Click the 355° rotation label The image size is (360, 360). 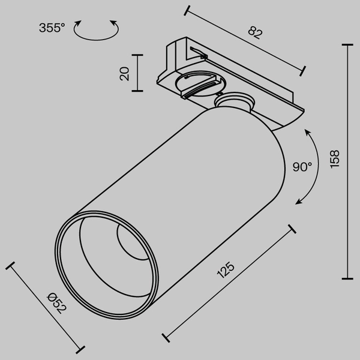(x=52, y=28)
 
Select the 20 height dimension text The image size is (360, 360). (x=125, y=73)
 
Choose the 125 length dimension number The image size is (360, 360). (x=226, y=271)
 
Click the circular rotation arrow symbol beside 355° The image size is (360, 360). (x=95, y=29)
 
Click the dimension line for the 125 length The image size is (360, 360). (x=229, y=282)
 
